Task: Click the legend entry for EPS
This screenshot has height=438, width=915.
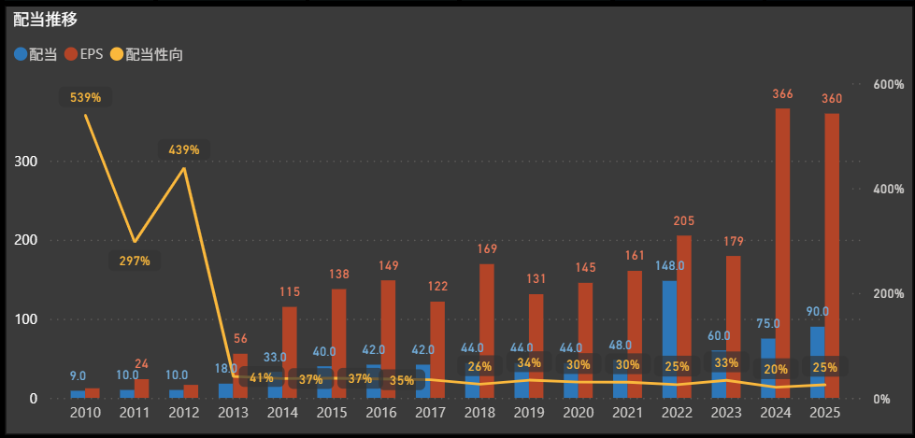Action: tap(90, 54)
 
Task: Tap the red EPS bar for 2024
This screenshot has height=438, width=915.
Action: tap(782, 252)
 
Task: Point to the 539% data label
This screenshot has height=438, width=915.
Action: tap(85, 97)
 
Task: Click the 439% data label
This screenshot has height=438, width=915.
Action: tap(184, 149)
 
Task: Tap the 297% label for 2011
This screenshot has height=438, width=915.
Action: tap(135, 261)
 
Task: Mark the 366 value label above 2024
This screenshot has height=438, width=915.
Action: tap(782, 94)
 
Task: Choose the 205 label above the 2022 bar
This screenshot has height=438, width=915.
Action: tap(684, 221)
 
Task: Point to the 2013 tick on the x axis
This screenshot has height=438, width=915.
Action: tap(233, 413)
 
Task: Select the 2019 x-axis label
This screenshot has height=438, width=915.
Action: tap(529, 413)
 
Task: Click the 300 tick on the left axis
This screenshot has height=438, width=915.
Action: tap(26, 161)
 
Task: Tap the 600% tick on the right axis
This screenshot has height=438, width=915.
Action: tap(888, 84)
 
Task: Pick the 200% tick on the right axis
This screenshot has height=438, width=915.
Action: tap(888, 294)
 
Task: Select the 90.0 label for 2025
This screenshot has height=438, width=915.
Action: tap(818, 312)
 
